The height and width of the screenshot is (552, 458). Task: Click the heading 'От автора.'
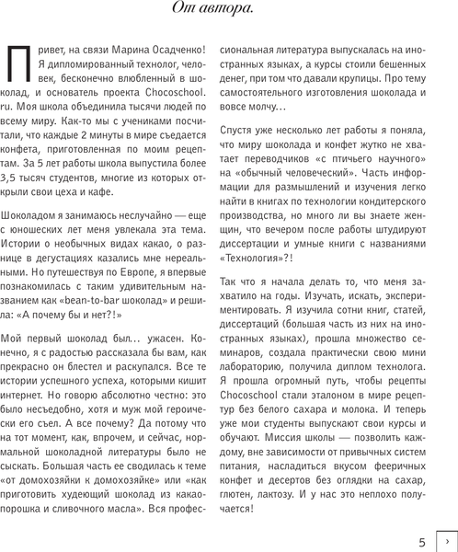[228, 11]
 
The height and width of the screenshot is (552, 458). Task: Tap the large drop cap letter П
[18, 67]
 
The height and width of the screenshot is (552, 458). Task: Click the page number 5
[420, 542]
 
